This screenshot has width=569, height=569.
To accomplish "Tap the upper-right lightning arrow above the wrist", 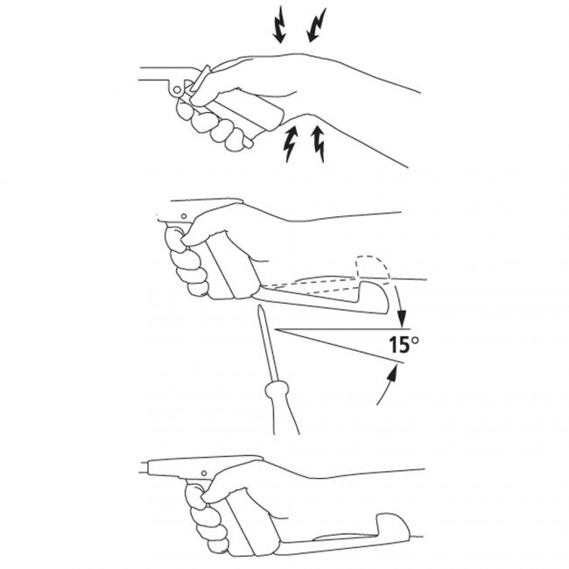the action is (316, 25).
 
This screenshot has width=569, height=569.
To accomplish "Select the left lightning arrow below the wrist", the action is (292, 144).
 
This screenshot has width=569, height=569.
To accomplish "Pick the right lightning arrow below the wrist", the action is (319, 144).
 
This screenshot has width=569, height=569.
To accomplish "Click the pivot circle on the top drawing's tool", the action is (177, 89).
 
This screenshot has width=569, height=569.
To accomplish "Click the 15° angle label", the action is (404, 345).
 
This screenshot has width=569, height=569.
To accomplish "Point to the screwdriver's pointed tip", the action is (260, 306).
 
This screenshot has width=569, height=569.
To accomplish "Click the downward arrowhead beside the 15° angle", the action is (401, 321).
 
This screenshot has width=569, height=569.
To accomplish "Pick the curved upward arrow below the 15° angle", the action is (388, 384).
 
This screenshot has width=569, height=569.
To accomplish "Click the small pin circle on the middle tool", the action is (184, 216).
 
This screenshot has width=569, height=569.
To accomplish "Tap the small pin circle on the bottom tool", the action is (204, 473).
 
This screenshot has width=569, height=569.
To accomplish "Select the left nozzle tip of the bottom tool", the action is (142, 467).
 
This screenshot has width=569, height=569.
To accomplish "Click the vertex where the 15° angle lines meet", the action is (275, 329).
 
